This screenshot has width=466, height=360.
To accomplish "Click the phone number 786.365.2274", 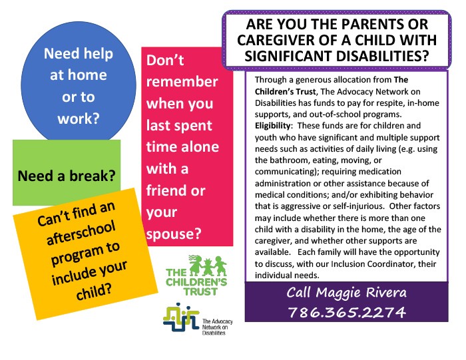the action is tap(347, 312).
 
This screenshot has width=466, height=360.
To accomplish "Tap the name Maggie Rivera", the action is tap(361, 293).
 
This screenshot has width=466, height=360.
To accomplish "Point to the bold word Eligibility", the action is tap(272, 126).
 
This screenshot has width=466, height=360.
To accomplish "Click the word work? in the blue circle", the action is tap(78, 118).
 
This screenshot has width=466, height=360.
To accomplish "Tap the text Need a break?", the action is tap(67, 176).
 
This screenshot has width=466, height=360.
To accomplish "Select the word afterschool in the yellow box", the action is tap(81, 233).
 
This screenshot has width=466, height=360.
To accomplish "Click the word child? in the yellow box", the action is tap(94, 291).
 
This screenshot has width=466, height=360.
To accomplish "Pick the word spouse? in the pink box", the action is tap(174, 234).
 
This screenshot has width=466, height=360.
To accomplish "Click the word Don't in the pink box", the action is tap(165, 61).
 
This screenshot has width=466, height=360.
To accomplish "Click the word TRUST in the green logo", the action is tap(200, 291).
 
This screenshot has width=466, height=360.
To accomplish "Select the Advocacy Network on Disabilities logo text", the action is tap(217, 327).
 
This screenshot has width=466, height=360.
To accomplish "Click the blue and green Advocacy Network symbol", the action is tap(181, 317).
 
